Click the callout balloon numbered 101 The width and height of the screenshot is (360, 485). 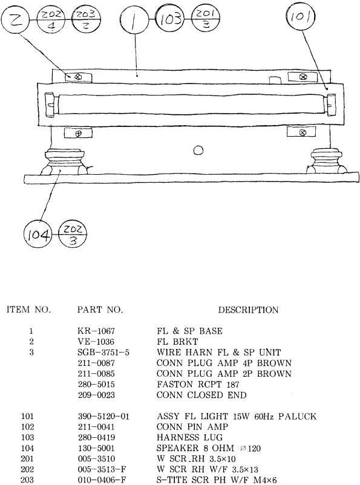pos(301,16)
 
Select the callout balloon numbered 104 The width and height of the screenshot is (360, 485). pos(38,235)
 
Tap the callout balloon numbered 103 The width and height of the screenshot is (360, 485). pos(170,19)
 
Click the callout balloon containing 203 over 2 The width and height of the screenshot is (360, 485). pos(86,20)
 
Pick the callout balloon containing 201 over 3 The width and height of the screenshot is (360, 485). pos(206,19)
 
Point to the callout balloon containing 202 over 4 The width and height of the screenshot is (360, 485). pos(51,20)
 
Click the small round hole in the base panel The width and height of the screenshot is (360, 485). pos(198,151)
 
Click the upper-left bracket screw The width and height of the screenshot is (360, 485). pos(78,76)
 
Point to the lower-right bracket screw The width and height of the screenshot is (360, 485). pos(303,132)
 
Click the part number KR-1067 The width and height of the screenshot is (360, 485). pos(96,331)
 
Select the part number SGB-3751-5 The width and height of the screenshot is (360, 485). pos(103,353)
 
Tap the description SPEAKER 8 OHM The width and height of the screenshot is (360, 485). pos(195,448)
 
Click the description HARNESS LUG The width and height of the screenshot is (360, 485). pos(189,438)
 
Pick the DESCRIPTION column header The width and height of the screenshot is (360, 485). pos(248,310)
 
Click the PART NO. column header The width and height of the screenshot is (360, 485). pos(100,310)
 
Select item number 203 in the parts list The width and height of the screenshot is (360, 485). pos(27,480)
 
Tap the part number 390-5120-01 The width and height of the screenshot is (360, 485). pos(103,417)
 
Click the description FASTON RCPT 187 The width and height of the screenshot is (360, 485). pos(198,385)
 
